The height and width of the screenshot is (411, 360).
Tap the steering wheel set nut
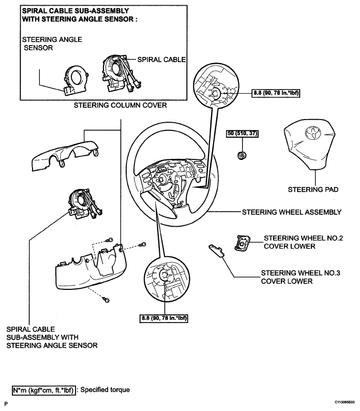click(x=241, y=154)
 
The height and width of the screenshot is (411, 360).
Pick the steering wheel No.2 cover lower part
click(x=242, y=243)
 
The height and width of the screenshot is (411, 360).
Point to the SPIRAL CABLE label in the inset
click(x=161, y=60)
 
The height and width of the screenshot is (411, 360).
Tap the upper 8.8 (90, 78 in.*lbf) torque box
click(x=277, y=94)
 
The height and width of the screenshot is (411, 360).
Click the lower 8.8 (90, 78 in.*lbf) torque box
click(x=163, y=318)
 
